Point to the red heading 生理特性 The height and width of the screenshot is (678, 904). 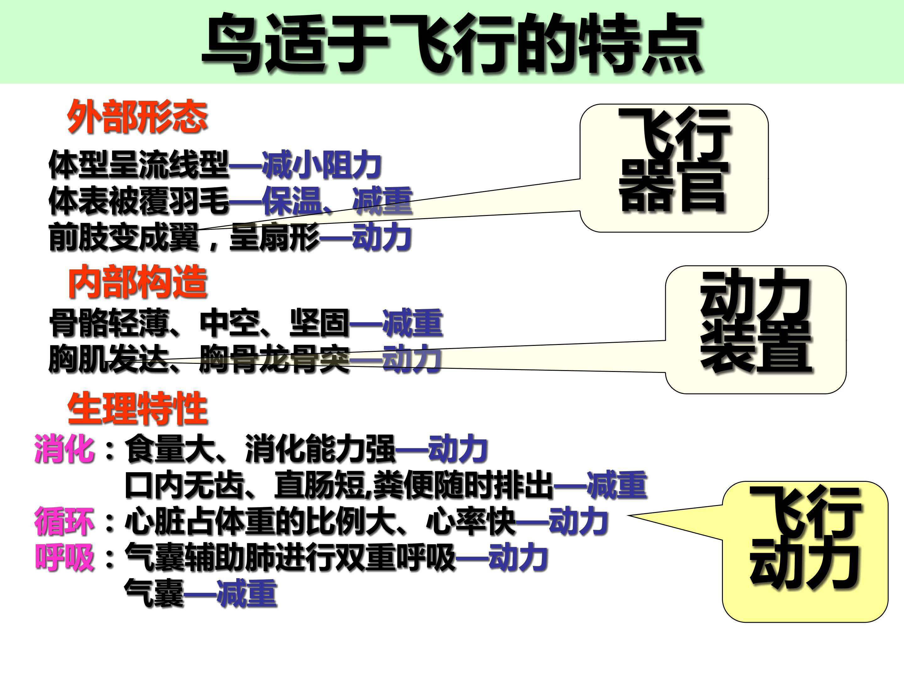coord(138,409)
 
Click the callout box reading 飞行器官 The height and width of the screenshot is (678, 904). coord(674,168)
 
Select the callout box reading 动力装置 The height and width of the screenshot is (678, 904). coord(756,330)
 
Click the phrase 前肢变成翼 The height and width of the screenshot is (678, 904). coord(123,237)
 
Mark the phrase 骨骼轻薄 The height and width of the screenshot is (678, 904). coord(109,323)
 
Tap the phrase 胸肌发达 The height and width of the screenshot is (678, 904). coord(109,359)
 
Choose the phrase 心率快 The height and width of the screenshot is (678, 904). coord(471,521)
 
